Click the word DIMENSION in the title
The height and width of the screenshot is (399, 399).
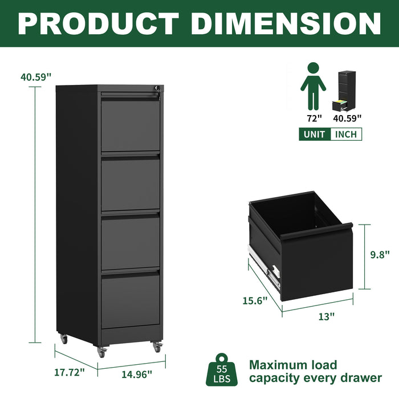coord(286,23)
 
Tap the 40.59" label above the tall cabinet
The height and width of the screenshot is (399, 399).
coord(36,77)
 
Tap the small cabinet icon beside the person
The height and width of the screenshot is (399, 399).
coord(345,90)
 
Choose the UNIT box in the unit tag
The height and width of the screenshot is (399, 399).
coord(314,135)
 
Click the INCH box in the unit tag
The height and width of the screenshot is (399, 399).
coord(345,135)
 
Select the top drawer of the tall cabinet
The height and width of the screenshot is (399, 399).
coord(131,124)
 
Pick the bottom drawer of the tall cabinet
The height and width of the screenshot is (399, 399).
coord(131,300)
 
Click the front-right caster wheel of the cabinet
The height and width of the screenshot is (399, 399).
coord(157,346)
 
